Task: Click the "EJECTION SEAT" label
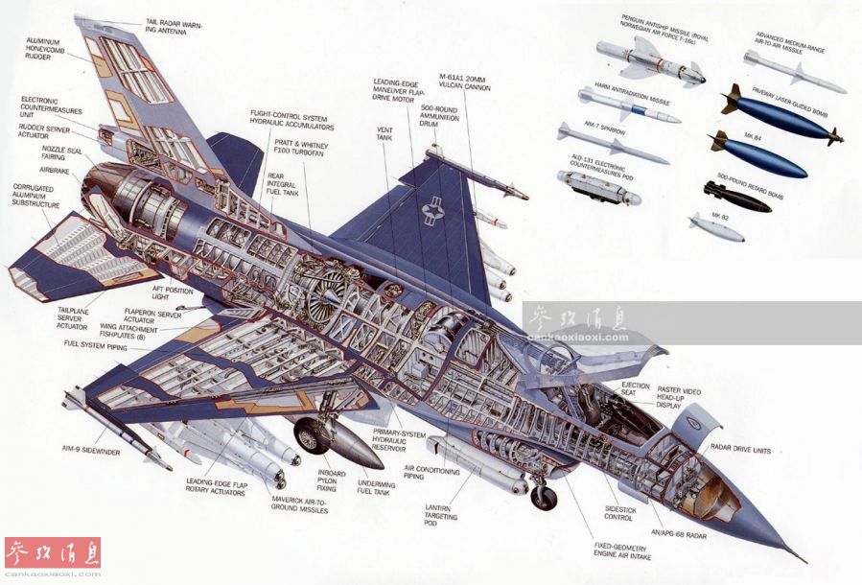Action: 635,389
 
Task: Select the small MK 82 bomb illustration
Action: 715,226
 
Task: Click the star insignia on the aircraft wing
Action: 433,213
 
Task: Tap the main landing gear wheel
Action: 312,437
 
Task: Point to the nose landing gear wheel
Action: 544,497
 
